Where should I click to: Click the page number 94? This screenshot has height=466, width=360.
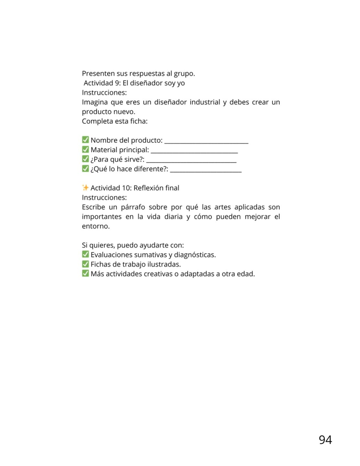325,440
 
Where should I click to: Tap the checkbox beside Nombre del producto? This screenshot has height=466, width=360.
85,140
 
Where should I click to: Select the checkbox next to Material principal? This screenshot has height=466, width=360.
85,150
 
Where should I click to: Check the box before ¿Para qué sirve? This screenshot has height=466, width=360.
85,159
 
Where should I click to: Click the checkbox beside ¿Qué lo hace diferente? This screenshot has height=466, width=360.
85,169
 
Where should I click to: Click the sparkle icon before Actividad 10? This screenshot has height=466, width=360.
85,188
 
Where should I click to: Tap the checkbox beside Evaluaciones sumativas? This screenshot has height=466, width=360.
85,254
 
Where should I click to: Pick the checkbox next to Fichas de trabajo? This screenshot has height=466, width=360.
85,264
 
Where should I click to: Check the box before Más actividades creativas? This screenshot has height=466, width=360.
85,273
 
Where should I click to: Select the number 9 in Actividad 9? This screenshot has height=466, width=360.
117,83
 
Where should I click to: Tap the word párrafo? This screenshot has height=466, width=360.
133,207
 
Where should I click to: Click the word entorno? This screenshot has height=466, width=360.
95,226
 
